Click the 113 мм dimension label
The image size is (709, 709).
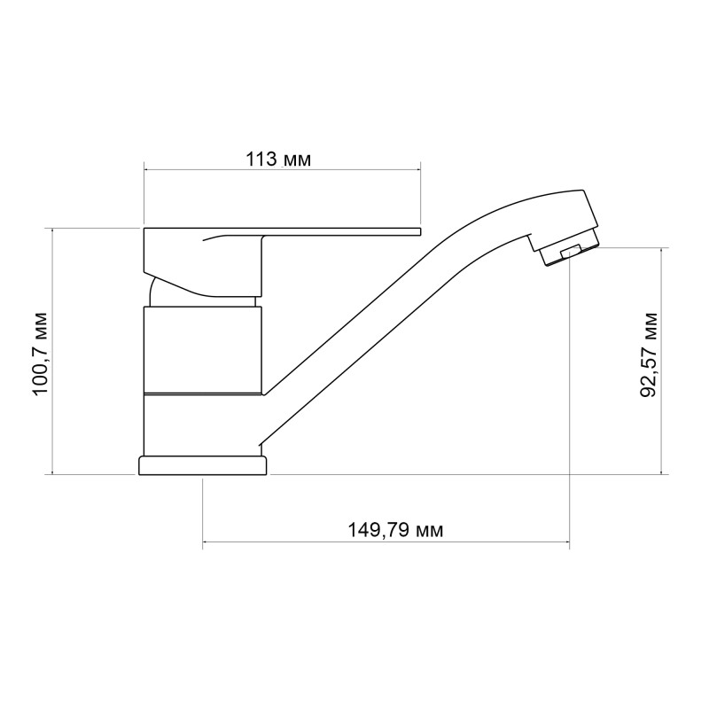click(278, 160)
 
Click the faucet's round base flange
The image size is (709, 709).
click(203, 466)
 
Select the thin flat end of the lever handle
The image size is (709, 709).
click(354, 232)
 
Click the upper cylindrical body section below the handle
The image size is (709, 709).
click(203, 348)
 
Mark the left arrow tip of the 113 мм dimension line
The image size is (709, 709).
click(144, 168)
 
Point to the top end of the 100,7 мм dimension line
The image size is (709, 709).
click(53, 229)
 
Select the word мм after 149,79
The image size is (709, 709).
click(427, 530)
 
